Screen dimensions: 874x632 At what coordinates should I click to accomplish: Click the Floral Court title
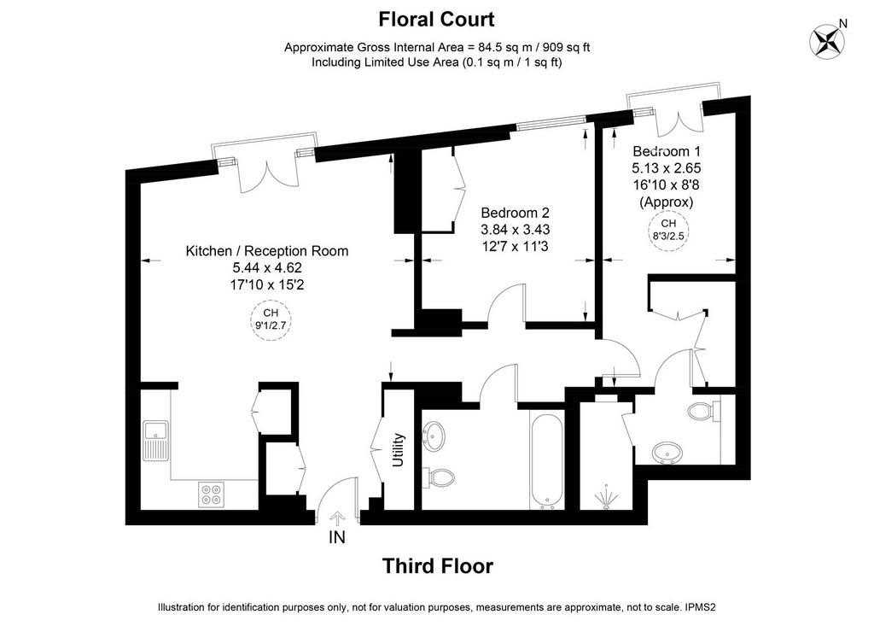point(436,20)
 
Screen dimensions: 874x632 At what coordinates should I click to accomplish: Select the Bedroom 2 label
point(515,213)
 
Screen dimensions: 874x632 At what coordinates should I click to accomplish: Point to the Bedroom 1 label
point(667,151)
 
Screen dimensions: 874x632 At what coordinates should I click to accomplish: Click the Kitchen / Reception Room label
point(267,251)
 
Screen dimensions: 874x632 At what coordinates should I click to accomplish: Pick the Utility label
point(398,450)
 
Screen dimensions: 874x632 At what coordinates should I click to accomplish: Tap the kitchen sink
point(156,441)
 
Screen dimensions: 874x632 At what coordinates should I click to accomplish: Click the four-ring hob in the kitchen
point(212,494)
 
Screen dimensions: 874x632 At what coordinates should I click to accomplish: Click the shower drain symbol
point(606,498)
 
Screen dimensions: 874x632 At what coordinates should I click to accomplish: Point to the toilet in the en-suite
point(704,412)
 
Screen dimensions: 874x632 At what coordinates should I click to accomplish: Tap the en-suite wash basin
point(667,452)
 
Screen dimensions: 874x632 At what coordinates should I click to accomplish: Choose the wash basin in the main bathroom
point(434,434)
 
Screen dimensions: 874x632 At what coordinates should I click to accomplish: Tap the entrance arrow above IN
point(337,519)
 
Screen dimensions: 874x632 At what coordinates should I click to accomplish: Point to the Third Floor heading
point(438,566)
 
